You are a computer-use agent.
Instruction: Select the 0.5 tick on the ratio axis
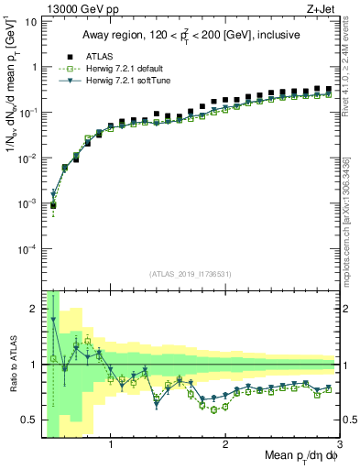tap(28, 420)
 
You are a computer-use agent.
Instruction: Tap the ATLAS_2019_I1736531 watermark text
tap(190, 274)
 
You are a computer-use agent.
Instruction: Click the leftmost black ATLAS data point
tap(53, 205)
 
